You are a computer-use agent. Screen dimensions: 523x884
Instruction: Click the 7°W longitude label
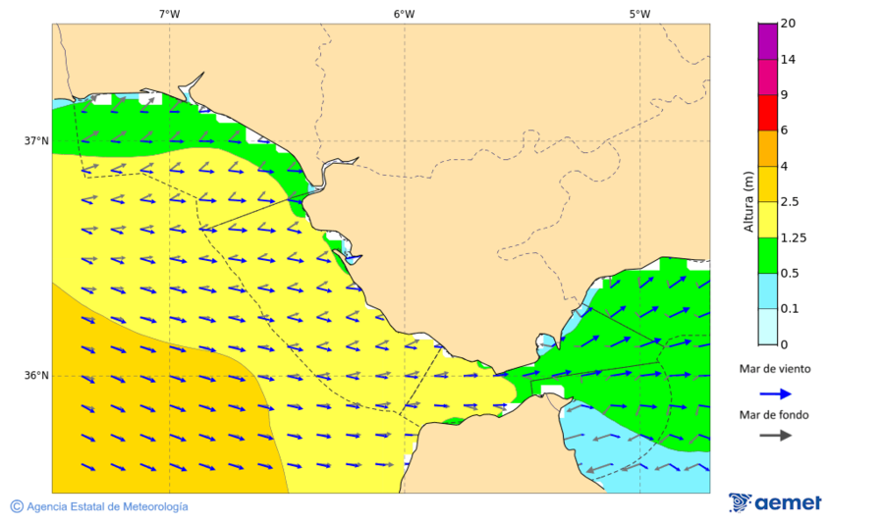tap(169, 14)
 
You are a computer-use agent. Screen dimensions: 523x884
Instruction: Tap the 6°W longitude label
tap(404, 14)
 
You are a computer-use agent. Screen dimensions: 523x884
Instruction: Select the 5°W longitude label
tap(639, 14)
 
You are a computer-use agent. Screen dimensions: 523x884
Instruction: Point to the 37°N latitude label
tap(36, 140)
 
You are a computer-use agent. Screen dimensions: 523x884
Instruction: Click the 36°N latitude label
tap(36, 376)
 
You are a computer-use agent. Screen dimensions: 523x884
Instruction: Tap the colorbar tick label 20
tap(787, 24)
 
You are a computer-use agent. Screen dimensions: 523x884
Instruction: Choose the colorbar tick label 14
tap(787, 60)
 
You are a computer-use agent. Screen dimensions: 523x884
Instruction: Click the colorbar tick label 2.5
tap(789, 202)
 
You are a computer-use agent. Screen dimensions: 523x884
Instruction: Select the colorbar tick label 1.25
tap(792, 237)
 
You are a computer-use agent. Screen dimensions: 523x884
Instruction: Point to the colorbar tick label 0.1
tap(789, 309)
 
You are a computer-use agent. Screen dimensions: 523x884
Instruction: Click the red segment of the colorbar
tap(767, 113)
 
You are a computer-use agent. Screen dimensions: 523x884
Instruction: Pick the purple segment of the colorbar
tap(767, 41)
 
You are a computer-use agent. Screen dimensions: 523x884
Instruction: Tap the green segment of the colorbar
tap(767, 255)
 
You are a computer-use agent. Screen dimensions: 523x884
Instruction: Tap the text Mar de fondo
tap(775, 415)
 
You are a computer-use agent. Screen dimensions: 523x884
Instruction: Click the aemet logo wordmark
tap(788, 503)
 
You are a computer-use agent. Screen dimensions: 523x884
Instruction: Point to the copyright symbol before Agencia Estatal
tap(17, 506)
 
